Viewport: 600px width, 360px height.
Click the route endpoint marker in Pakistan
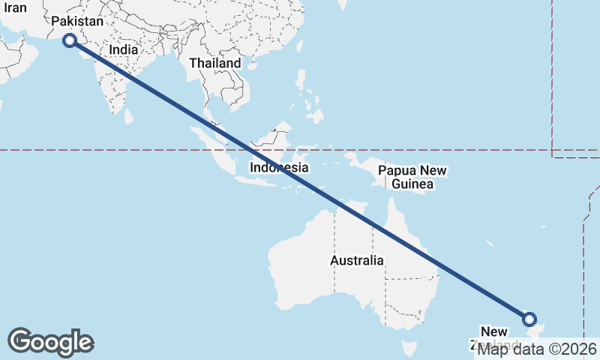[x=70, y=40]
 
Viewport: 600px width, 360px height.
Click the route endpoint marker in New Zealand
[x=530, y=319]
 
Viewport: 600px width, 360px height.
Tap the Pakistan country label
[x=76, y=22]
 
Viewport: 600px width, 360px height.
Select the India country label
[x=123, y=49]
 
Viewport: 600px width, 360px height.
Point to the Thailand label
[x=215, y=63]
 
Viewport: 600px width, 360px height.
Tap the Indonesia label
[x=279, y=167]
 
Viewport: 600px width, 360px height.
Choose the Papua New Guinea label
[x=412, y=177]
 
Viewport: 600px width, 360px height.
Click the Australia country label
[x=356, y=260]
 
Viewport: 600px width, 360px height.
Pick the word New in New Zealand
[x=495, y=331]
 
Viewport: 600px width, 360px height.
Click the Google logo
[x=50, y=342]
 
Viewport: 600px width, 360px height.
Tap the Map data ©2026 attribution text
[x=537, y=349]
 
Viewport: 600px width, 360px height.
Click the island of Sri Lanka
[x=128, y=116]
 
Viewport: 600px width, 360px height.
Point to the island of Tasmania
[x=409, y=349]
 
